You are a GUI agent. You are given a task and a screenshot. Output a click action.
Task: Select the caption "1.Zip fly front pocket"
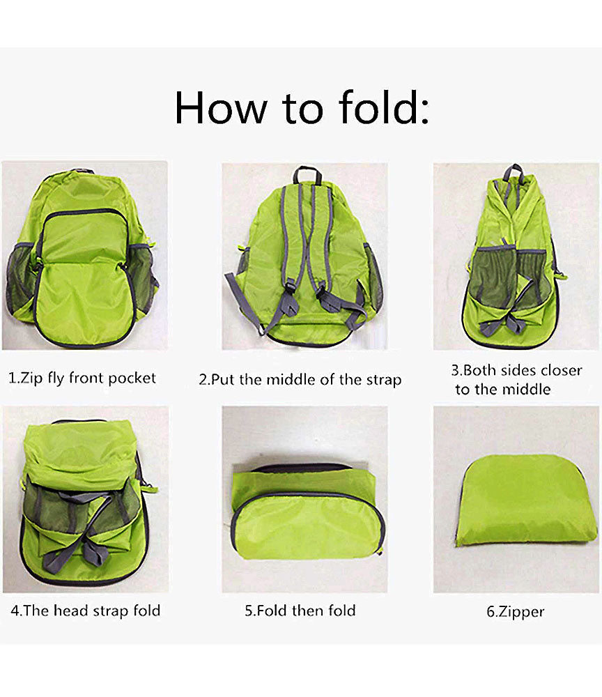pyautogui.click(x=82, y=378)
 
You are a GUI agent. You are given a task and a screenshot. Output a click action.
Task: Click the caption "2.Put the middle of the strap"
pyautogui.click(x=300, y=380)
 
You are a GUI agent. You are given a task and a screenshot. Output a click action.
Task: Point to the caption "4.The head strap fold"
pyautogui.click(x=85, y=611)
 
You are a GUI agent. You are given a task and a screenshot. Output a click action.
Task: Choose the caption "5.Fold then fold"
pyautogui.click(x=300, y=611)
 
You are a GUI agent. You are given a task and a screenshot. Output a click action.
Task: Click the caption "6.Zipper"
pyautogui.click(x=515, y=612)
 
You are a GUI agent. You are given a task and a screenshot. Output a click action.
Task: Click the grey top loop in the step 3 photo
pyautogui.click(x=514, y=171)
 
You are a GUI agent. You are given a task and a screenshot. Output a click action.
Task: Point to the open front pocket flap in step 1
pyautogui.click(x=82, y=300)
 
